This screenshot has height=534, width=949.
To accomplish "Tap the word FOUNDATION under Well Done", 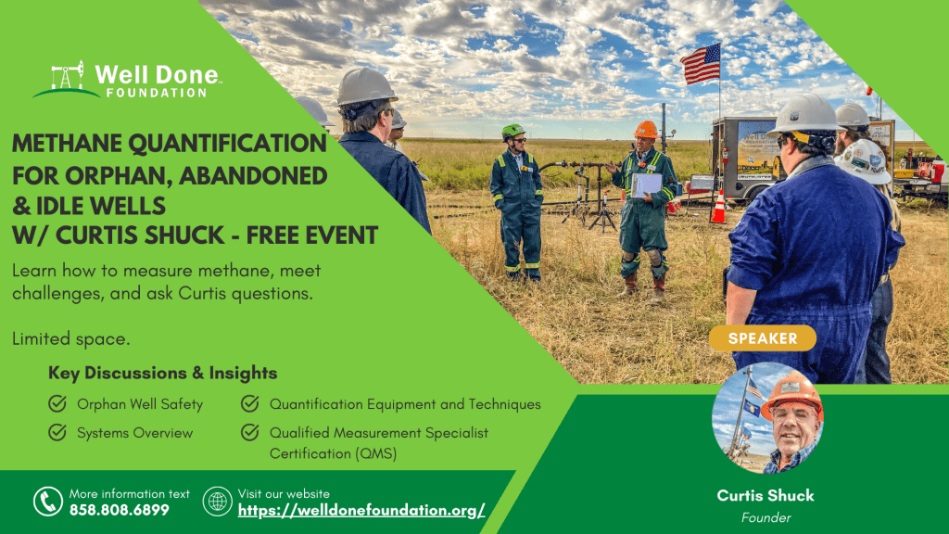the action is (x=157, y=93).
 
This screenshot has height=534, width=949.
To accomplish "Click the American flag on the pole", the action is (x=701, y=64).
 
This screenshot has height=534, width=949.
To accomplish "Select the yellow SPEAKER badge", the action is (x=763, y=337).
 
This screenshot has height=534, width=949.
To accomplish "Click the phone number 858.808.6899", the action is (x=120, y=511).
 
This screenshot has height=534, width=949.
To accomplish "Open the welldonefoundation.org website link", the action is (x=361, y=511).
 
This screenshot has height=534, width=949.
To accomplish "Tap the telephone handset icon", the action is (x=48, y=502).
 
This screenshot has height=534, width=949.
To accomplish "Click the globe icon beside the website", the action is (x=217, y=502).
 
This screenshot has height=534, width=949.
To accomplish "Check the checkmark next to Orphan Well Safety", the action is (x=57, y=403).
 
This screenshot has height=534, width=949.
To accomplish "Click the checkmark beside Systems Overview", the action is (x=57, y=432).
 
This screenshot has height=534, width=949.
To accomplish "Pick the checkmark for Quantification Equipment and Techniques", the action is (x=250, y=403).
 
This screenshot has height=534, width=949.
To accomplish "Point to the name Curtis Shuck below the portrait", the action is (x=766, y=495).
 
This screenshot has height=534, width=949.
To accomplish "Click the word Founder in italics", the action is (x=766, y=517).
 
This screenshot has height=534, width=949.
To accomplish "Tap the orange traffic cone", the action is (x=718, y=207).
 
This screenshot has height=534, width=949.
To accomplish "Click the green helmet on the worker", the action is (x=512, y=131).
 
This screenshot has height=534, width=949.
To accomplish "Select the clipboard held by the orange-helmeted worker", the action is (x=646, y=185).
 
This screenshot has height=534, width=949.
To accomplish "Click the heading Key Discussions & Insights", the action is (x=163, y=373).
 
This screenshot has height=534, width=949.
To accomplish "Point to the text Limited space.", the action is (x=70, y=338).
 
